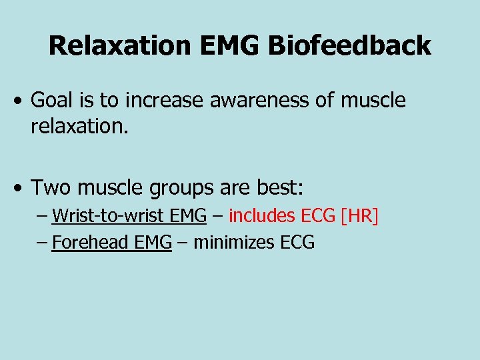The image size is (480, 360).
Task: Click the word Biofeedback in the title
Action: [x=351, y=46]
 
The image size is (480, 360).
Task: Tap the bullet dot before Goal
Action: [x=21, y=102]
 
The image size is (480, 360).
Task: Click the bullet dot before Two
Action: [x=21, y=189]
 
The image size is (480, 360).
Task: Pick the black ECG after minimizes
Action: [x=297, y=242]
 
